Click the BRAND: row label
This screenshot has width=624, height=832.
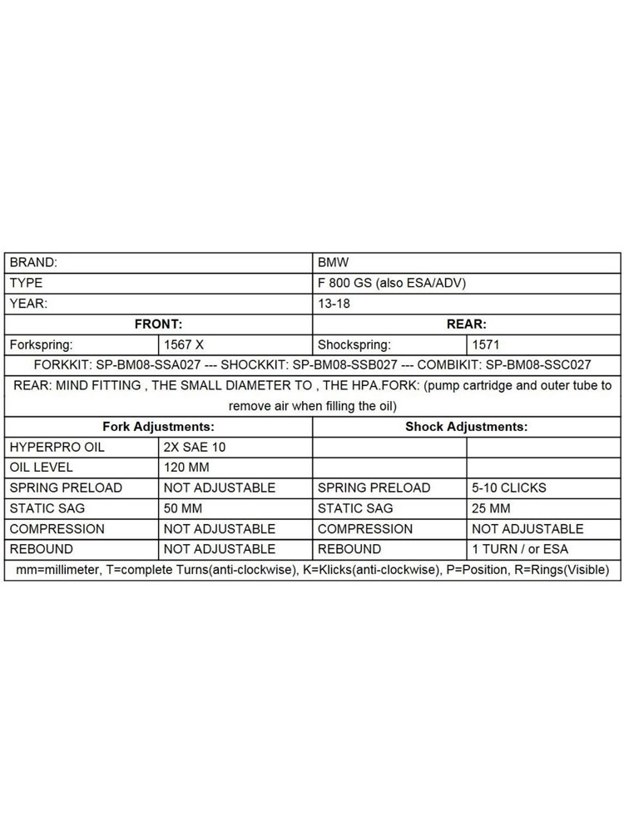click(33, 262)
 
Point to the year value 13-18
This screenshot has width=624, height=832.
click(334, 304)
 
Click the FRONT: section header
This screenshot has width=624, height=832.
click(158, 324)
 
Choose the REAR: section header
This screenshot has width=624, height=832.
click(467, 324)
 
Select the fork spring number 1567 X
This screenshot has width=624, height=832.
click(184, 344)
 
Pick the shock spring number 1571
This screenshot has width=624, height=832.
click(487, 344)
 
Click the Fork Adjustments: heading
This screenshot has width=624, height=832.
click(158, 426)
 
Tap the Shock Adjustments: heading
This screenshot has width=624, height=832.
click(467, 426)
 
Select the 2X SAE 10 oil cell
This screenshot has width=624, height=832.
click(195, 447)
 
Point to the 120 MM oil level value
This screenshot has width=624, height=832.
click(187, 467)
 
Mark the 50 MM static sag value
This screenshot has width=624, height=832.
click(183, 508)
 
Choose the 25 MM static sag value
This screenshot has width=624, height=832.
click(492, 508)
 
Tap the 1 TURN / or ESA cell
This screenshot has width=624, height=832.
click(520, 549)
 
